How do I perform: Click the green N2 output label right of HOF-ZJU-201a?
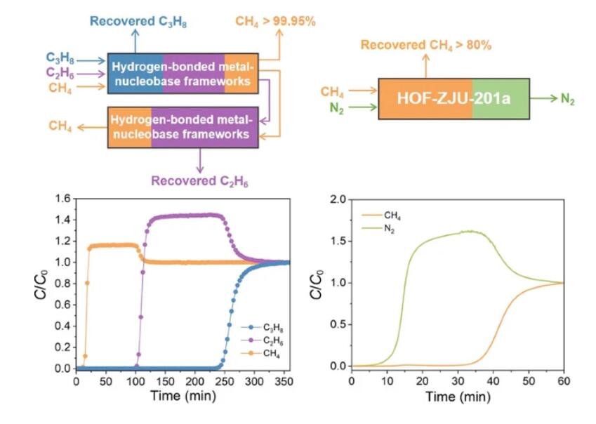click(567, 100)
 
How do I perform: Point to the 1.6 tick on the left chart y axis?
click(64, 199)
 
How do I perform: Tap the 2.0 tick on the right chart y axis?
click(339, 199)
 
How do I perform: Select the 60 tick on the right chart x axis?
click(562, 380)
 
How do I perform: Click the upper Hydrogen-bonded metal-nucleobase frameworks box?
click(183, 72)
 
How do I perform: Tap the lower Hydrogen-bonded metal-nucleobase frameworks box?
click(183, 126)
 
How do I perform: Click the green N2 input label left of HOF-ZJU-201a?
click(336, 108)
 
